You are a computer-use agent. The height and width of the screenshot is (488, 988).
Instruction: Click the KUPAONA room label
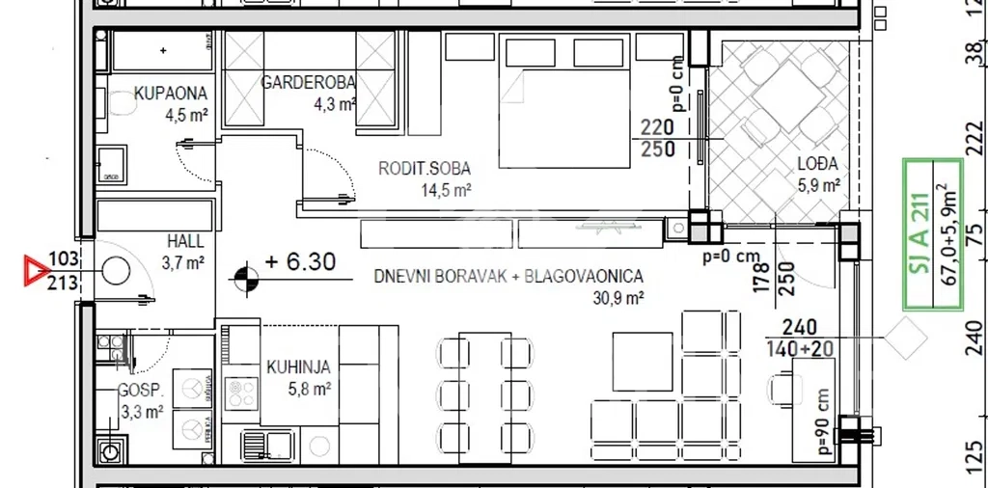coord(170,94)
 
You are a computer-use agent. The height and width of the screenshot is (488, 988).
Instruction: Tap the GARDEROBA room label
coord(308,83)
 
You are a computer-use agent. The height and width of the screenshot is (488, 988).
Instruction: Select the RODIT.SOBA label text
coord(425,169)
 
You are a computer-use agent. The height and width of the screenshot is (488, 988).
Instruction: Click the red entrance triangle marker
coord(36,270)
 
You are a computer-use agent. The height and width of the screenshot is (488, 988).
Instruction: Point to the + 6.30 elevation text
coord(300,261)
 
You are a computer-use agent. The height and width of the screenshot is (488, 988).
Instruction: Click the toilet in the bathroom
coord(122,104)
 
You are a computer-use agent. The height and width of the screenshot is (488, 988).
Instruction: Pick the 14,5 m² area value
coord(447,191)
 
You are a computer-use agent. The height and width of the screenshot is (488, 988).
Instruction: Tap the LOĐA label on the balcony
coord(817,164)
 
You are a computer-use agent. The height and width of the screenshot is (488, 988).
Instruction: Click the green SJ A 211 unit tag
coord(933,235)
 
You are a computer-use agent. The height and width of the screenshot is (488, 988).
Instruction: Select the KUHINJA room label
coord(298,367)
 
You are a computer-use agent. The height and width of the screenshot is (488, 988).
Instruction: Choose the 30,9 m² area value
coord(617,298)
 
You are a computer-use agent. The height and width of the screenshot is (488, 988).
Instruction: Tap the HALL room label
coord(186,241)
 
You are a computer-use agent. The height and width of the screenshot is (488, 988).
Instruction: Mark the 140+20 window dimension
coord(799,347)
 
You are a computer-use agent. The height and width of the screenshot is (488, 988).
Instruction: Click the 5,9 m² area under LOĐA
coord(818,186)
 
